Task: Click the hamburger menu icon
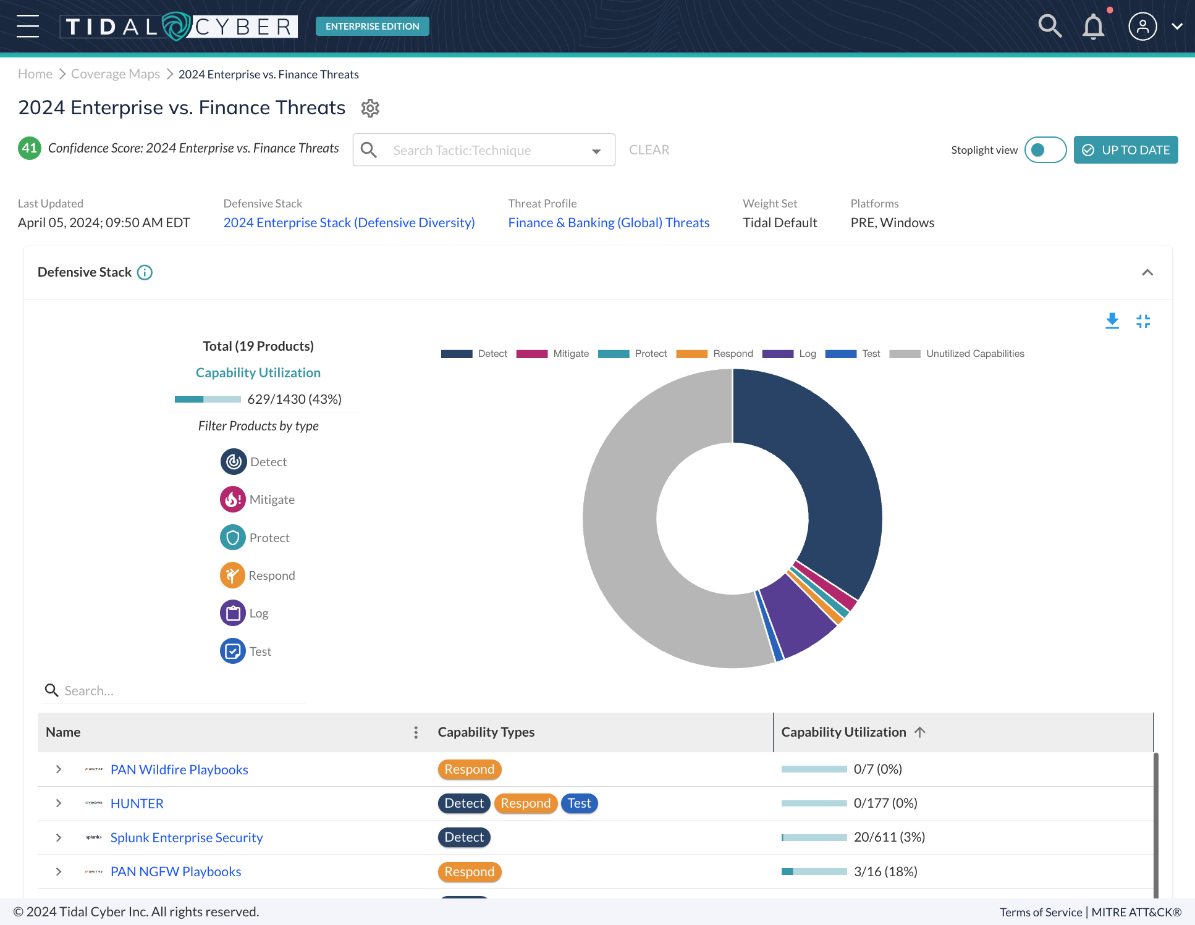click(28, 26)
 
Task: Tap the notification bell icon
click(1093, 27)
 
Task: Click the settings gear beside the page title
click(370, 108)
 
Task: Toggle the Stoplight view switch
click(1045, 150)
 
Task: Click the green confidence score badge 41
click(29, 148)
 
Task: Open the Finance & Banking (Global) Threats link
click(609, 223)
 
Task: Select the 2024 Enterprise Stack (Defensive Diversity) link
click(349, 223)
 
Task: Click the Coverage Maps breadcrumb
click(116, 74)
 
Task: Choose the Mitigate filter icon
click(233, 500)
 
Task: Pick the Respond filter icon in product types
click(232, 576)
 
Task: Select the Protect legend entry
click(633, 354)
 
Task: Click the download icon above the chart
click(1112, 321)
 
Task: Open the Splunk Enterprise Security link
click(187, 838)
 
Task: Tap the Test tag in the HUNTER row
click(579, 803)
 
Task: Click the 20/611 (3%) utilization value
click(889, 837)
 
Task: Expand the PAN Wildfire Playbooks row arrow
click(59, 769)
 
